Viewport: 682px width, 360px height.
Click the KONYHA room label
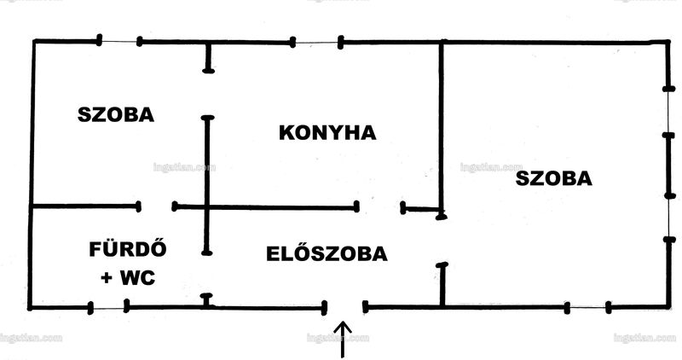pos(327,133)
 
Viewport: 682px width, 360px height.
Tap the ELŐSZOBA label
pos(327,253)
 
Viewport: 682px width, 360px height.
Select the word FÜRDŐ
pos(128,249)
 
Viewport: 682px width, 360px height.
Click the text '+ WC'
pos(128,277)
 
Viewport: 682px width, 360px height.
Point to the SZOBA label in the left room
pos(116,115)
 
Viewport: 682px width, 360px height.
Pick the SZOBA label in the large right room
pos(553,178)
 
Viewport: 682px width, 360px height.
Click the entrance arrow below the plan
pos(344,340)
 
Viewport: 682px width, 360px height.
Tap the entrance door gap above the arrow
pos(344,307)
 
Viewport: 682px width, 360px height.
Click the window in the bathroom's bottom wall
pos(108,308)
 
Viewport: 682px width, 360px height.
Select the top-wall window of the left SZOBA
pos(119,41)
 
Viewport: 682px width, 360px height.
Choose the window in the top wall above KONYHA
pos(316,43)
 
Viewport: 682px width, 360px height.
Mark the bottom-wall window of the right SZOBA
pos(587,308)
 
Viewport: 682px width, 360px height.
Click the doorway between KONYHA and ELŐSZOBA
pos(379,207)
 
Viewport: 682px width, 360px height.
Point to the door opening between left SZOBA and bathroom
pos(157,206)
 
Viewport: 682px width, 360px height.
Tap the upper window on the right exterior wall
pos(668,112)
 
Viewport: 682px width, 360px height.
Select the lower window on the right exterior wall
pos(669,217)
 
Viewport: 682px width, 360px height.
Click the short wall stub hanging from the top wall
pos(208,56)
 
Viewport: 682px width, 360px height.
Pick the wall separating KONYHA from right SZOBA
pos(442,129)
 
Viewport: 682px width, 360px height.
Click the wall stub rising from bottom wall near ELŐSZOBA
pos(442,285)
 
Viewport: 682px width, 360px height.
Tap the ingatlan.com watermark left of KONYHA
pos(184,167)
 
